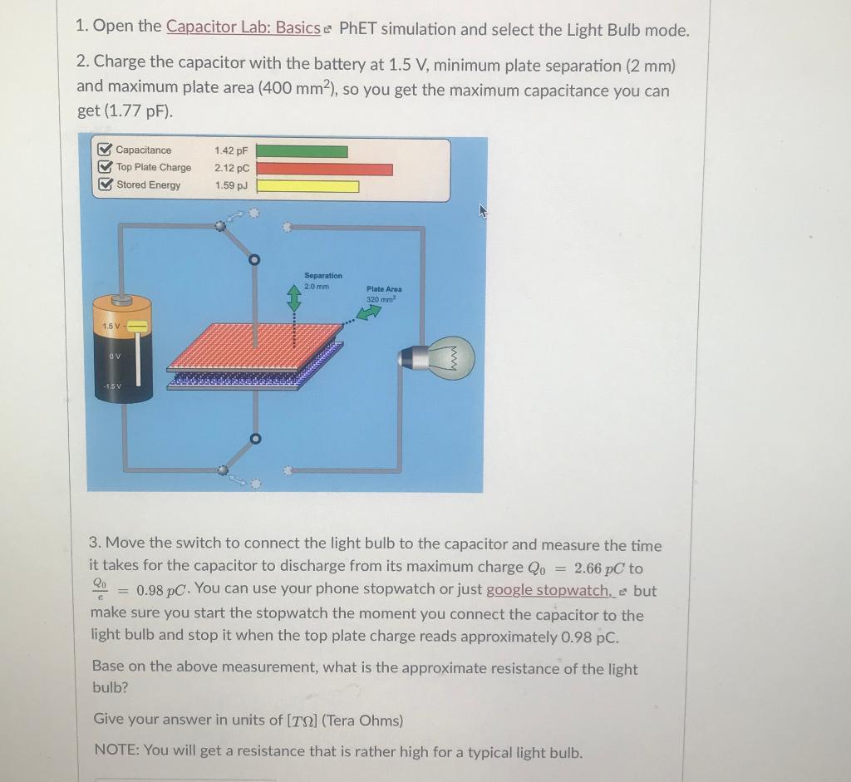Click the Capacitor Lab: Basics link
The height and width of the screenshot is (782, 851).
[243, 27]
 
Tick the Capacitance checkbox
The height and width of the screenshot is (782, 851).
[105, 150]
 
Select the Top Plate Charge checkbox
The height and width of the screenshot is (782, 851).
[105, 168]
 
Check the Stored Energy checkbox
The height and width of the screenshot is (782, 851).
[105, 185]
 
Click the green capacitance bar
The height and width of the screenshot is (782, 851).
[302, 151]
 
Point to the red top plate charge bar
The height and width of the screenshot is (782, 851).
[324, 170]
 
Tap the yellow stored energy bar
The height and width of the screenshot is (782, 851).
[307, 186]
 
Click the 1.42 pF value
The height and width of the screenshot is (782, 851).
[230, 151]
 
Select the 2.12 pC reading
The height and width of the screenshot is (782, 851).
[230, 168]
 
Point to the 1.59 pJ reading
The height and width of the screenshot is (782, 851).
[230, 185]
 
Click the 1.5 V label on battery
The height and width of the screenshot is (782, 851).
[111, 326]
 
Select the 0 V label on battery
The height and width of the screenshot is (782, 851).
[112, 357]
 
